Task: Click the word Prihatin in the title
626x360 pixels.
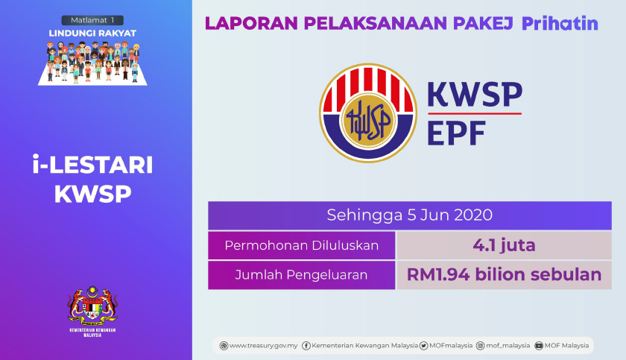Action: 560,23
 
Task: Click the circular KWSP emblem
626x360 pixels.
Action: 368,113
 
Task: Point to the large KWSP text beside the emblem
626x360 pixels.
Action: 474,94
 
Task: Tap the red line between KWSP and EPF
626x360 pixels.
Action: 474,113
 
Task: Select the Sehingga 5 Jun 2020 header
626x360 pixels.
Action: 409,215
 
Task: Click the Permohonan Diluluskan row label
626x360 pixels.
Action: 302,244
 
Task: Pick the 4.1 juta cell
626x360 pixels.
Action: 504,244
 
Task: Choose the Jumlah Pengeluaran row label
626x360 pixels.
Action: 302,274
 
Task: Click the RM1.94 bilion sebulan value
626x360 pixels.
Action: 504,274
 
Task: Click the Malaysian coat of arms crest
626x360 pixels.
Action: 93,302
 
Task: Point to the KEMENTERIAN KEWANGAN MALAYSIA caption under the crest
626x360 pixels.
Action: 93,332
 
